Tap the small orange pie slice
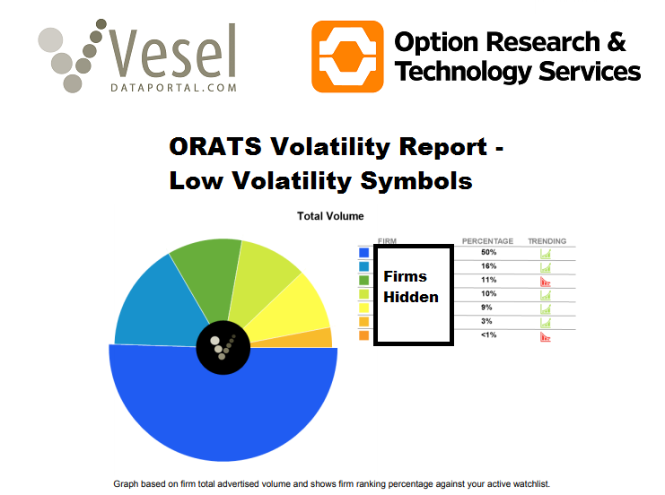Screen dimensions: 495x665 point(321,338)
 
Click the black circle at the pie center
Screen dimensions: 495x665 point(223,347)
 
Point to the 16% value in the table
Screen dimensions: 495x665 point(487,266)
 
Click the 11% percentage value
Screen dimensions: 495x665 point(487,280)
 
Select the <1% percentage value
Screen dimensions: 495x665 point(487,334)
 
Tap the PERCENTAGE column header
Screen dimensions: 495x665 point(487,241)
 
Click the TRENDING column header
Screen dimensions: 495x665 point(547,241)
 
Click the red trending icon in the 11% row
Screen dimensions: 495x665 point(545,281)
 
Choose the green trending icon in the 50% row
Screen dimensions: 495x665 point(545,254)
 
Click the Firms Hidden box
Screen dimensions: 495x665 point(413,295)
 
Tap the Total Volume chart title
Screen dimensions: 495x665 point(330,216)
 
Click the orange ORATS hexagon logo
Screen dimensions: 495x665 point(346,56)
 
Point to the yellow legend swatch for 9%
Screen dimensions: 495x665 point(363,308)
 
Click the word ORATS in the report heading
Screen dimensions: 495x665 point(214,148)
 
